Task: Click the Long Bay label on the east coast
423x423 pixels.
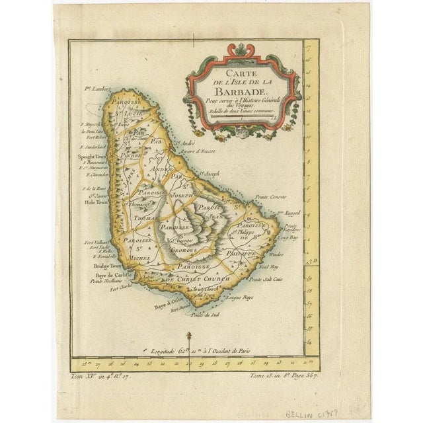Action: tap(286, 236)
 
